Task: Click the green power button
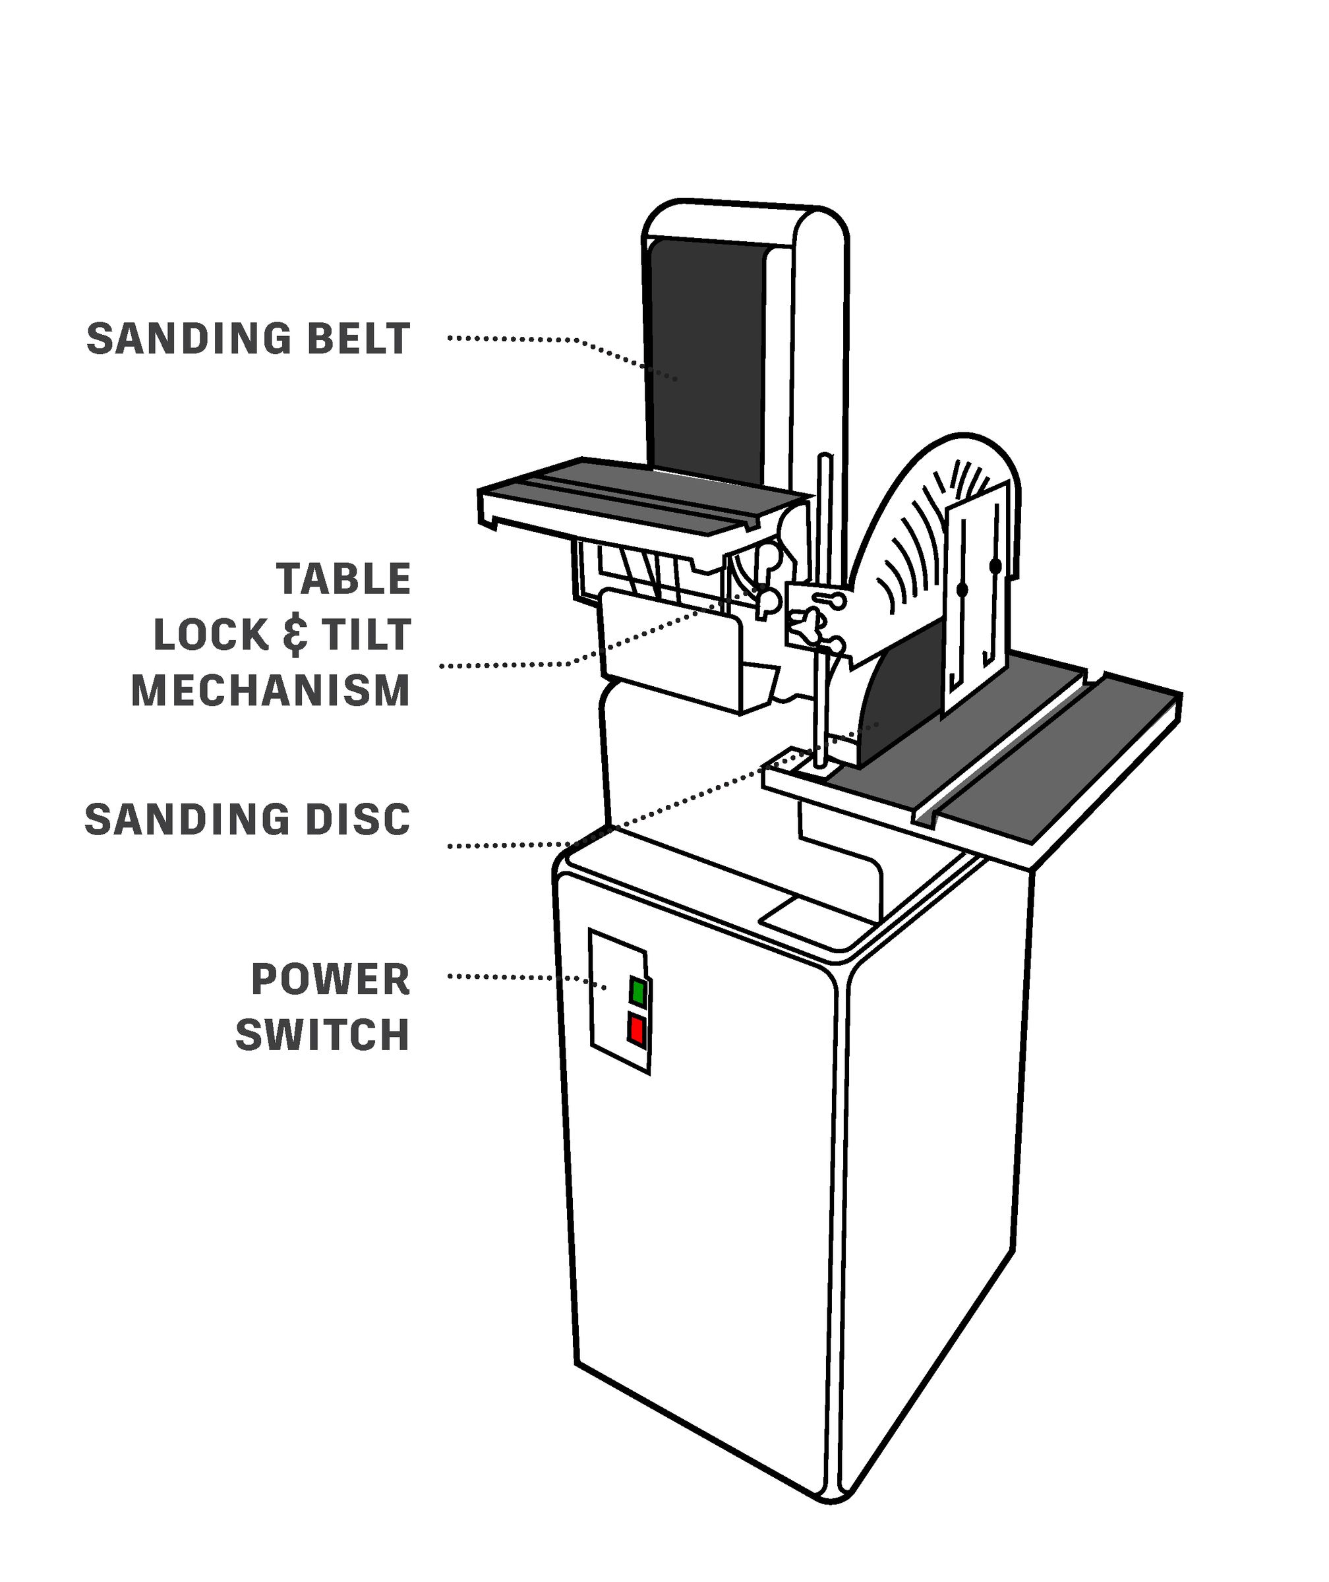coord(638,992)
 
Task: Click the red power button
coord(637,1030)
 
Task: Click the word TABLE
coord(343,579)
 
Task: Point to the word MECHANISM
coord(270,690)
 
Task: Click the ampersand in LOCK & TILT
coord(295,634)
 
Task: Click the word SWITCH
coord(322,1035)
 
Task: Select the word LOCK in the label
coord(212,634)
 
